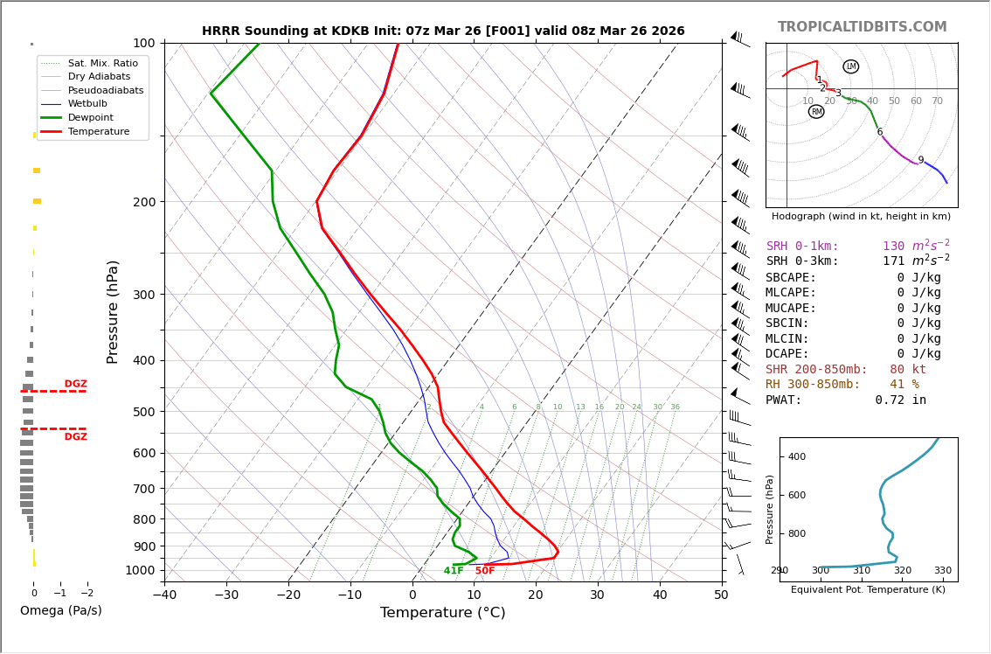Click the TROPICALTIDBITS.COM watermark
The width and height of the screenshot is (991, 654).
[x=862, y=27]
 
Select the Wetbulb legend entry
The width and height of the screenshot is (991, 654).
[x=93, y=104]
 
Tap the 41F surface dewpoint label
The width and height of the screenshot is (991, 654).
[x=454, y=571]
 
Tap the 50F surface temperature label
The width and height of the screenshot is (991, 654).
[x=485, y=571]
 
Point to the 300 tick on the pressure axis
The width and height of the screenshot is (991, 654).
[x=143, y=295]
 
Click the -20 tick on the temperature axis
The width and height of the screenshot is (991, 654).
[x=288, y=595]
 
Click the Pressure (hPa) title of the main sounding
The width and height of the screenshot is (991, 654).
[x=114, y=311]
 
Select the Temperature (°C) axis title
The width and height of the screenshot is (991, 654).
[x=442, y=613]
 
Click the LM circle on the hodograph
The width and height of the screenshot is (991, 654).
[x=851, y=66]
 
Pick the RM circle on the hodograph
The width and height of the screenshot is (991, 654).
[x=816, y=112]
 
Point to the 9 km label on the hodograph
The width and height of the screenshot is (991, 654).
[x=920, y=161]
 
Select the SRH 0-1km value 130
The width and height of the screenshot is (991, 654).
[x=893, y=247]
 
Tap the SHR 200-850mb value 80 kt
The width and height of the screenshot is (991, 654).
[x=908, y=370]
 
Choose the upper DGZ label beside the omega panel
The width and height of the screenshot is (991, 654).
[x=76, y=384]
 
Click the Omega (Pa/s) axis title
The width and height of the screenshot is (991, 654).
[x=61, y=611]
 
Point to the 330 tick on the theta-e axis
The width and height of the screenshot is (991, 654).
[x=943, y=571]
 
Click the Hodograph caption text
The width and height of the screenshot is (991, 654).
[x=861, y=217]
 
